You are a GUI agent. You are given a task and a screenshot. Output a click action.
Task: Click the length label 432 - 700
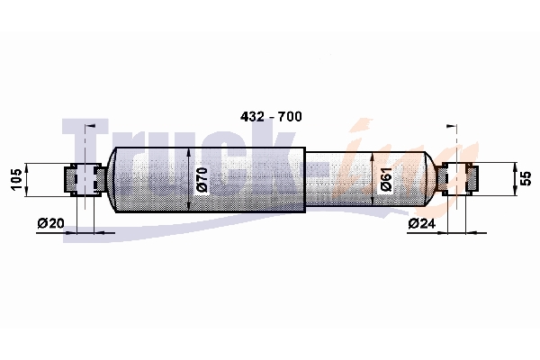pyautogui.click(x=271, y=117)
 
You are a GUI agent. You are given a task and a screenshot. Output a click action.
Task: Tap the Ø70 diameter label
pyautogui.click(x=202, y=179)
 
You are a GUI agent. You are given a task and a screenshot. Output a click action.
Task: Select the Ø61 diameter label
pyautogui.click(x=386, y=179)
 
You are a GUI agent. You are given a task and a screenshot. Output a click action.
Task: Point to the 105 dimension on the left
pyautogui.click(x=16, y=179)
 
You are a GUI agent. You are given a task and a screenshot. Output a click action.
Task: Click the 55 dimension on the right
pyautogui.click(x=526, y=179)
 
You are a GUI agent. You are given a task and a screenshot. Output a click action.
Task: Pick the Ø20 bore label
pyautogui.click(x=50, y=223)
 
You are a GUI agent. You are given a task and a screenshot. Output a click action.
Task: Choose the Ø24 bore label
pyautogui.click(x=421, y=223)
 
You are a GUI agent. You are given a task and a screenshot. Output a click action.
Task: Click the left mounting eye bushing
pyautogui.click(x=85, y=179)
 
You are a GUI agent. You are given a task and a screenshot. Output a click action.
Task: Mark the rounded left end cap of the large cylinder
pyautogui.click(x=111, y=179)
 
